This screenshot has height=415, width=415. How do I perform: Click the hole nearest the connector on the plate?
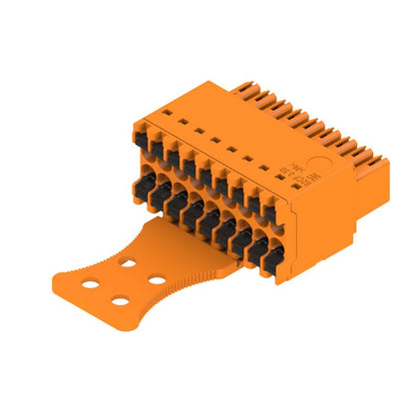click(128, 263)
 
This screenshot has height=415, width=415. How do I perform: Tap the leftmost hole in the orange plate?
click(91, 282)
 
